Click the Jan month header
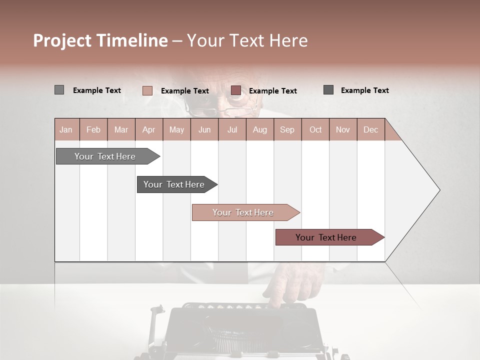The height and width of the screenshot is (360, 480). click(66, 129)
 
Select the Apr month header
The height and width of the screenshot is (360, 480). click(148, 129)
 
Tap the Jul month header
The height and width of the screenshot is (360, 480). click(232, 129)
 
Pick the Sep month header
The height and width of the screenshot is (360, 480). click(287, 129)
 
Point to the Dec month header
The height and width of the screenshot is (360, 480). click(370, 129)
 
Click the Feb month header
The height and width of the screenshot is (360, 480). click(93, 129)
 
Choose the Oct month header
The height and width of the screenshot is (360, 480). click(315, 129)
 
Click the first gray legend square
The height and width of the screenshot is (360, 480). click(59, 90)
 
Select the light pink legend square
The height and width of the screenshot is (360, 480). click(147, 90)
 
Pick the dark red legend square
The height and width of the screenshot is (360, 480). click(235, 90)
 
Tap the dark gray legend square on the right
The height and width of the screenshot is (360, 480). click(328, 90)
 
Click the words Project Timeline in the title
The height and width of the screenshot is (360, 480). click(100, 40)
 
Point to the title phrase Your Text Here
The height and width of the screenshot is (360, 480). click(247, 40)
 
